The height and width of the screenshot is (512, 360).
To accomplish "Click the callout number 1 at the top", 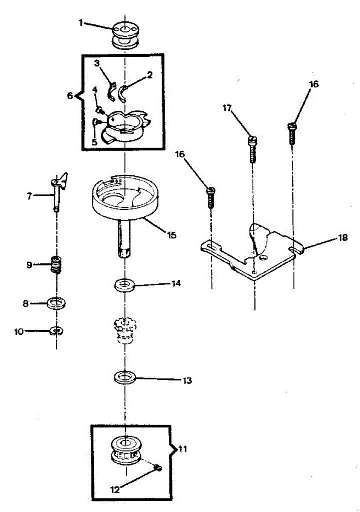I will tap(81, 23).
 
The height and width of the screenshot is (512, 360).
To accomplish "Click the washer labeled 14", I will tap(124, 285).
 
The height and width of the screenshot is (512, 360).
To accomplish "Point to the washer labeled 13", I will tap(125, 377).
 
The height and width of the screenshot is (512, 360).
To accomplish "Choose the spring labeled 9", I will tap(56, 265).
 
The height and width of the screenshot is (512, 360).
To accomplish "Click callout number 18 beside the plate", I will tap(342, 237).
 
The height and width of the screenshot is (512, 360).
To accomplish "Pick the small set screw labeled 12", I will tap(158, 468).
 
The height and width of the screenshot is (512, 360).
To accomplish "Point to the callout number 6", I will tap(70, 96).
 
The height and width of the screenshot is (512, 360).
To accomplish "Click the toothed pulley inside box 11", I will tap(125, 451).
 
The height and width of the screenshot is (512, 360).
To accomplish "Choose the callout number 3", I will tap(97, 63).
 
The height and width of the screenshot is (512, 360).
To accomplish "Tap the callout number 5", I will tap(94, 140).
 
